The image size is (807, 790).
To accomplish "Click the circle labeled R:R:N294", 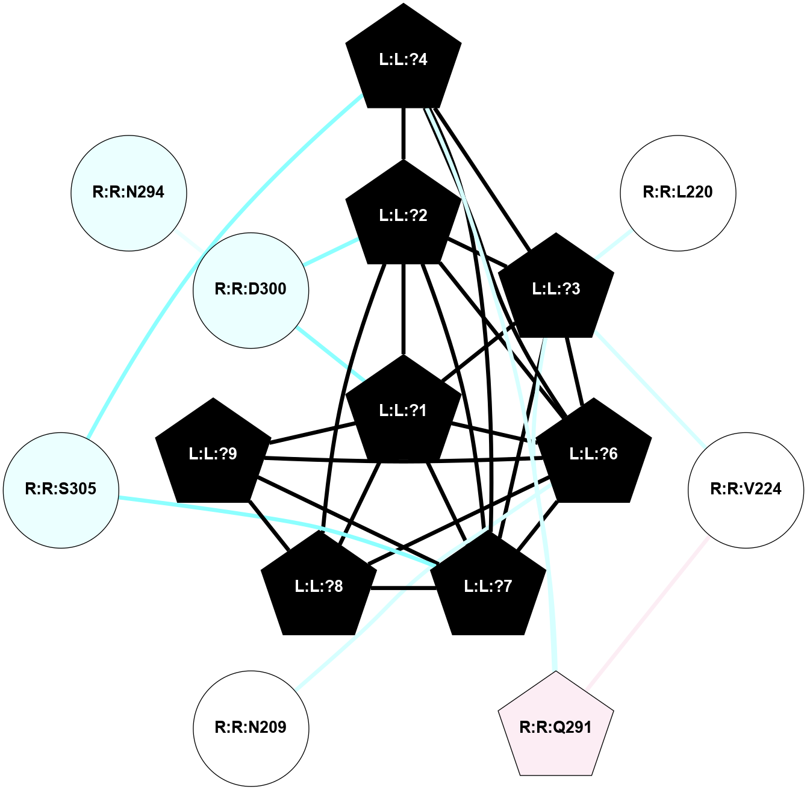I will (x=129, y=193).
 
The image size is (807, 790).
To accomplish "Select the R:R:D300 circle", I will (x=251, y=290).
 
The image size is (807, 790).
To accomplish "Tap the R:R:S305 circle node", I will (x=61, y=490).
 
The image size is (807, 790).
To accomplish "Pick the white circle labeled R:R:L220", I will (x=678, y=193).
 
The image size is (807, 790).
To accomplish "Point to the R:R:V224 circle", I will (x=746, y=490).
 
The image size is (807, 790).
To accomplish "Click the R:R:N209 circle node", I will (x=251, y=727).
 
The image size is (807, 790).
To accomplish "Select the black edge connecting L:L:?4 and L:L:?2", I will (x=403, y=134).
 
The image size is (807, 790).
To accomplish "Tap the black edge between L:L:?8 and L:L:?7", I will (x=402, y=588).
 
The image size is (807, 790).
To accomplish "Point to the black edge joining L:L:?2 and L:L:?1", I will (x=403, y=310).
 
